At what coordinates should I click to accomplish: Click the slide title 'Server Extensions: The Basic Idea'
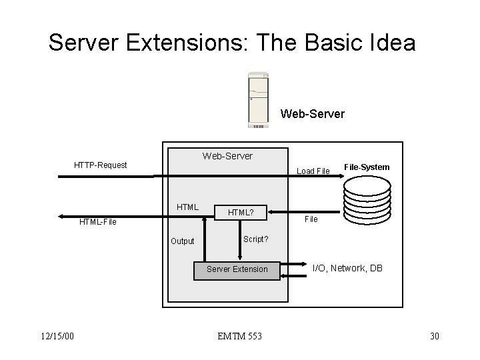coord(232,43)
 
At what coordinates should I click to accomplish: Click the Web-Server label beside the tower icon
coord(313,114)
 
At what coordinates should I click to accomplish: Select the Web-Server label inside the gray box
coord(227,156)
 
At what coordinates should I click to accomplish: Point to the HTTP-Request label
coord(100,165)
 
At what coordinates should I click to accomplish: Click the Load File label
coord(313,171)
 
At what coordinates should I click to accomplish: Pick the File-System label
coord(367,167)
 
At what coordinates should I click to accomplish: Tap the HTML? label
coord(241,212)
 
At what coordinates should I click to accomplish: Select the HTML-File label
coord(97,222)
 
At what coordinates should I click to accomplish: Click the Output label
coord(182,241)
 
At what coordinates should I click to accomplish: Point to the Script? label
coord(256,239)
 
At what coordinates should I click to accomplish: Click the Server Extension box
coord(237,269)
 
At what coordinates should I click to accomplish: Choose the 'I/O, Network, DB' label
coord(347,267)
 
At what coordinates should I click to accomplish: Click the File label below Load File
coord(311,219)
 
